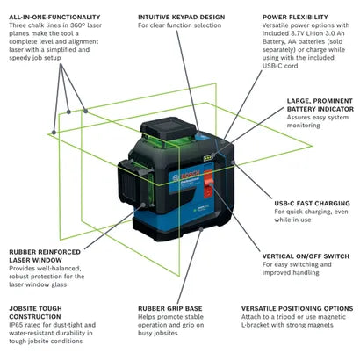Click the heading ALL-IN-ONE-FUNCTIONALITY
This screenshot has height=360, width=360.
point(54,17)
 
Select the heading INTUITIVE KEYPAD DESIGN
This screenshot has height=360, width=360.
point(182,17)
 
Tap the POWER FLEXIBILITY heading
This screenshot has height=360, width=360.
point(295,17)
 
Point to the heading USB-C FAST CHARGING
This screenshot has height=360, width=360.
point(312,203)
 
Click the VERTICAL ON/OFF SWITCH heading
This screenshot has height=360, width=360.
point(306,256)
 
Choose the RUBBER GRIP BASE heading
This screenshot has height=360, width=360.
point(170,308)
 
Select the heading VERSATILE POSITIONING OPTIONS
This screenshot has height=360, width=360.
point(297,308)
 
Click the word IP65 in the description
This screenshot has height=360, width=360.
point(16,325)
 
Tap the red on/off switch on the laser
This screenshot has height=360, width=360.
point(208,183)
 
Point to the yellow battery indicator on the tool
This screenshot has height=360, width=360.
point(209,157)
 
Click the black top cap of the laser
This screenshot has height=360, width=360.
point(169,128)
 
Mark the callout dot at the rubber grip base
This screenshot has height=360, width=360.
point(201,229)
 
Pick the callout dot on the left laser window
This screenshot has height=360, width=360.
point(143,205)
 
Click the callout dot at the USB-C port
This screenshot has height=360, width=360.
point(233,162)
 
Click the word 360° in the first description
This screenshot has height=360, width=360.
point(77,25)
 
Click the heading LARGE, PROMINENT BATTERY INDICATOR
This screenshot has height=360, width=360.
point(320,104)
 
